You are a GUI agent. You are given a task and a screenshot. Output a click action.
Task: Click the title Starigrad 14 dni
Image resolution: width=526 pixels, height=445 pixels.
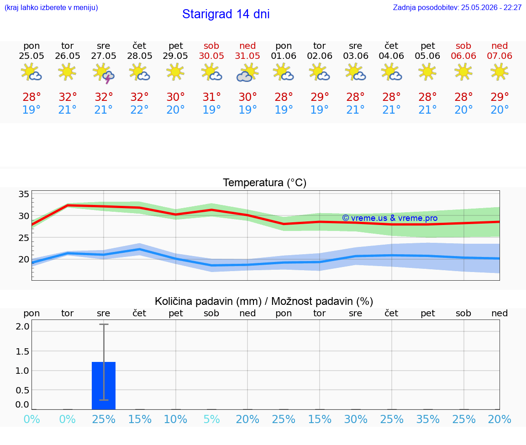click(226, 14)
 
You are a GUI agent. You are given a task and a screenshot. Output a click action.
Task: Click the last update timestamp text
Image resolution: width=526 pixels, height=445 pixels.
click(457, 8)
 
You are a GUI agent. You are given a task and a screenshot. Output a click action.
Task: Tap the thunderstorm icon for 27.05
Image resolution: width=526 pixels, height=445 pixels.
click(104, 73)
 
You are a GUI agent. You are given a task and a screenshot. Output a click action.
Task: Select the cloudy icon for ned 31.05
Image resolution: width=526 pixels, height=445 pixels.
click(247, 73)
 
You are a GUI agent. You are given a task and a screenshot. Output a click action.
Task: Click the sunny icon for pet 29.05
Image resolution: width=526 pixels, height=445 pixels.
click(175, 72)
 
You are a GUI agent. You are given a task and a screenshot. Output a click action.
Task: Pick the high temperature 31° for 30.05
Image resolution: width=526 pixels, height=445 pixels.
click(212, 97)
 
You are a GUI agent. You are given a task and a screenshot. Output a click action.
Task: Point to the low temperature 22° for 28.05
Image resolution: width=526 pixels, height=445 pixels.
click(140, 110)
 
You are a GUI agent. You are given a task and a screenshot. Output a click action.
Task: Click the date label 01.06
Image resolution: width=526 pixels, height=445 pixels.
click(284, 56)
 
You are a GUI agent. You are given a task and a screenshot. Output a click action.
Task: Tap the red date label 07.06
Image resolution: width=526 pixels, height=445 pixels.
click(500, 56)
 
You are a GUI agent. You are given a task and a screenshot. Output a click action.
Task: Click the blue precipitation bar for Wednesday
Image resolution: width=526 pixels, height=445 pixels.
click(104, 386)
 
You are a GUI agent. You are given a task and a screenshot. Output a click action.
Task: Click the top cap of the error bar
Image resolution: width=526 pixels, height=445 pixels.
click(104, 324)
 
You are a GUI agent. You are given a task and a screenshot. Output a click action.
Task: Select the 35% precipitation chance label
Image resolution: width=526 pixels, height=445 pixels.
click(428, 419)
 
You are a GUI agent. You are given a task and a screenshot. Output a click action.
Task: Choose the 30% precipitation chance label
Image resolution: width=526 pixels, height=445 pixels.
click(356, 419)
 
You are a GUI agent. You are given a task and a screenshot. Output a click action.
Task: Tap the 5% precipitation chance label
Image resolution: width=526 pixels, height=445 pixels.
click(212, 419)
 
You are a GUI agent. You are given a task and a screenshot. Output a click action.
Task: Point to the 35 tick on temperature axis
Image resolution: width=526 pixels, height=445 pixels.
click(24, 194)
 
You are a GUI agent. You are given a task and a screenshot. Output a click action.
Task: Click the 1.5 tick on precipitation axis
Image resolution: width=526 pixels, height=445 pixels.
click(22, 351)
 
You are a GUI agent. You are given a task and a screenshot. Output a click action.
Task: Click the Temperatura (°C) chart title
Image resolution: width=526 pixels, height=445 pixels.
click(265, 183)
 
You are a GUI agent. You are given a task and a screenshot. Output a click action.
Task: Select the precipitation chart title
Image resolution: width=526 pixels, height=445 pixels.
click(264, 301)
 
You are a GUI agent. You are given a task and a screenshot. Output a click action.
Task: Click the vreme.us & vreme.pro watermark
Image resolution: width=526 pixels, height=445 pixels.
click(390, 218)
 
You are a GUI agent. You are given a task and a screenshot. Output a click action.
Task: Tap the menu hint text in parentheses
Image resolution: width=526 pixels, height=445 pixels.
click(51, 8)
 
